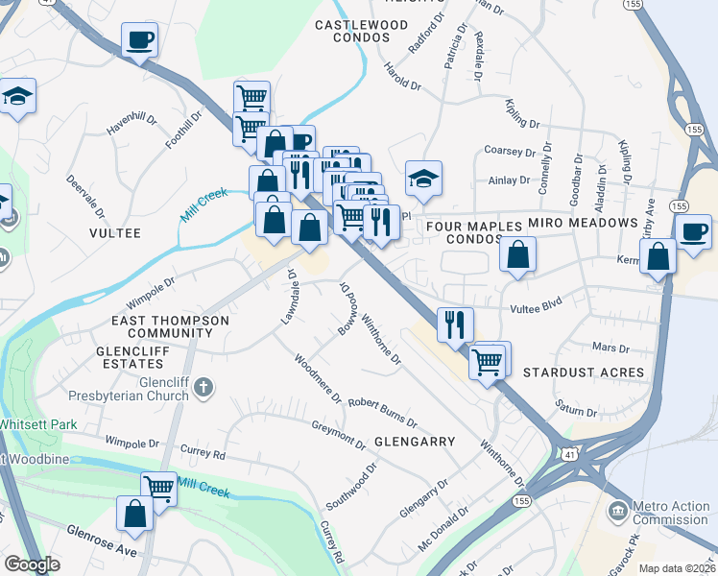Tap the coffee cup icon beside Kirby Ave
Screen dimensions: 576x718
point(693,231)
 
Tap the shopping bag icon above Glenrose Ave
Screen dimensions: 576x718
point(135,514)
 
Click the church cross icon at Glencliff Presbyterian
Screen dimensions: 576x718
point(202,387)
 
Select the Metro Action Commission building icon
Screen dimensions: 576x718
point(618,508)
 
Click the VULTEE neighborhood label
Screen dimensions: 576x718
point(115,233)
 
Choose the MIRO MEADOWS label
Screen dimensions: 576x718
point(583,223)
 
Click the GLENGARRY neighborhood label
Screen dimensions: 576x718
point(414,443)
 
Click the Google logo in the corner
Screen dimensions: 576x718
point(32,564)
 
